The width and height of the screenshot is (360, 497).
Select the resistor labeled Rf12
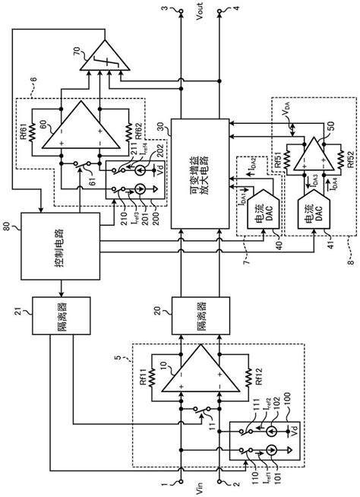click(248, 377)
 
